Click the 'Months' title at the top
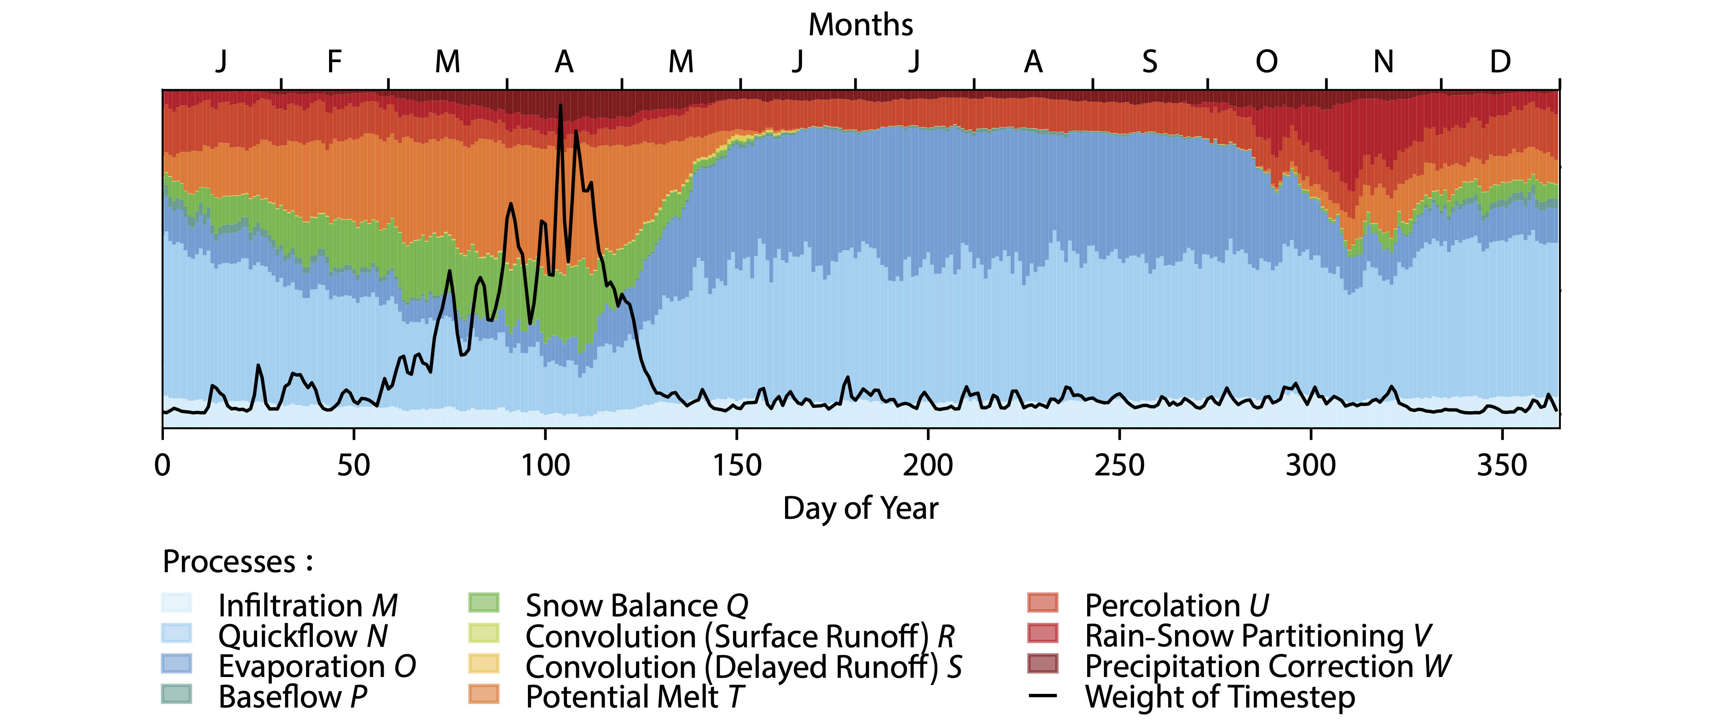[860, 25]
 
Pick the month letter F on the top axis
[335, 62]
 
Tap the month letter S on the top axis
[1150, 62]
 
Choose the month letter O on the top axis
[1266, 62]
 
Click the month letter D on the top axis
[1500, 62]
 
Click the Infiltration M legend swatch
[176, 603]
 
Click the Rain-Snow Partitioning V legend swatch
[1043, 634]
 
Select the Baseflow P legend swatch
[176, 694]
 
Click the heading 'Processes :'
[237, 562]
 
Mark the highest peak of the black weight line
[560, 106]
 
